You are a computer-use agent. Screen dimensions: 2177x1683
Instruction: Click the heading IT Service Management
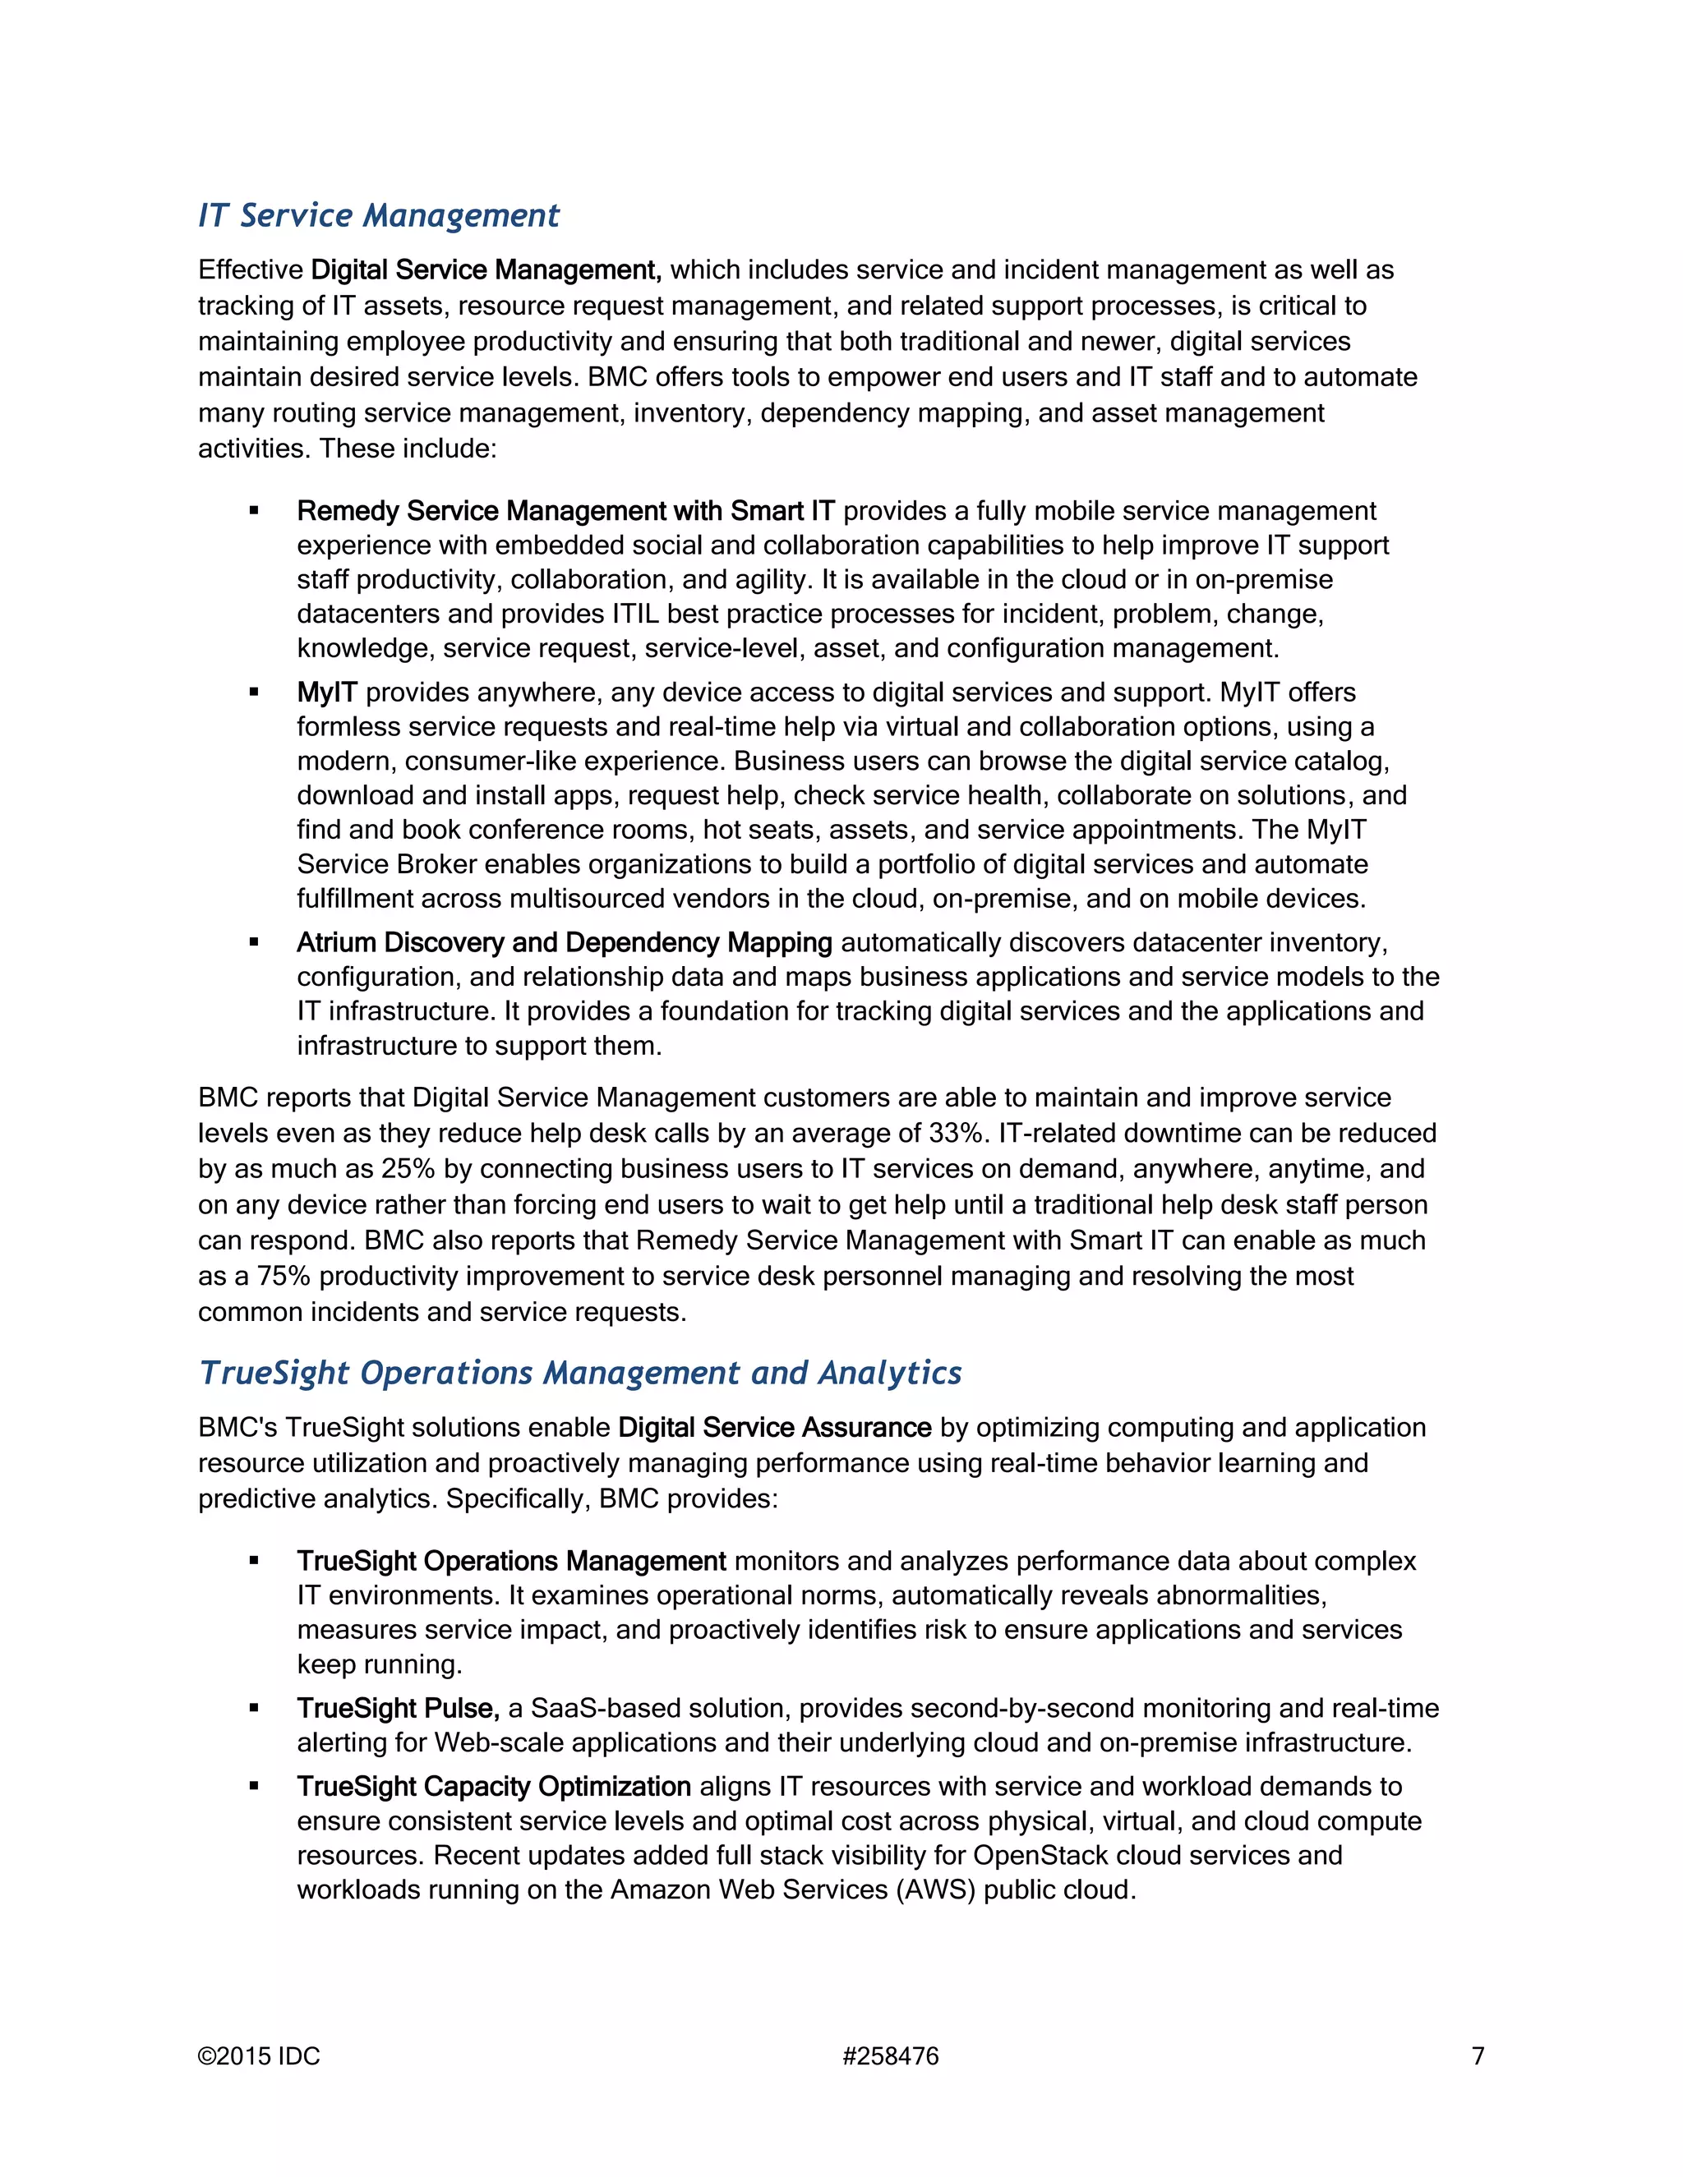click(x=379, y=215)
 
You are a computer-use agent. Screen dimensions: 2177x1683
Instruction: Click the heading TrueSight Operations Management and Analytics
click(x=580, y=1373)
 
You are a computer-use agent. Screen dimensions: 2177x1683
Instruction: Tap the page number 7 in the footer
click(x=1478, y=2056)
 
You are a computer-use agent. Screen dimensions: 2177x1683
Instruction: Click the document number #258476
click(x=890, y=2056)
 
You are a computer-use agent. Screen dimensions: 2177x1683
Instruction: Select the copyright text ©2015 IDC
click(x=259, y=2056)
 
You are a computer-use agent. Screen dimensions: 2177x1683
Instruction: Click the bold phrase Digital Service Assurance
click(x=775, y=1428)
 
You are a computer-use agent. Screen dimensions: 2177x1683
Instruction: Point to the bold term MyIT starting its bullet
click(x=326, y=692)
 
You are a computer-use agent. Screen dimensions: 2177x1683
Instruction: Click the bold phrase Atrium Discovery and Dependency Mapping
click(x=565, y=942)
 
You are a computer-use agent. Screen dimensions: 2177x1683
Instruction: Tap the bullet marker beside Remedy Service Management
click(x=254, y=510)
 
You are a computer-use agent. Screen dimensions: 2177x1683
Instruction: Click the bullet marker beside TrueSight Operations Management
click(x=254, y=1561)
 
